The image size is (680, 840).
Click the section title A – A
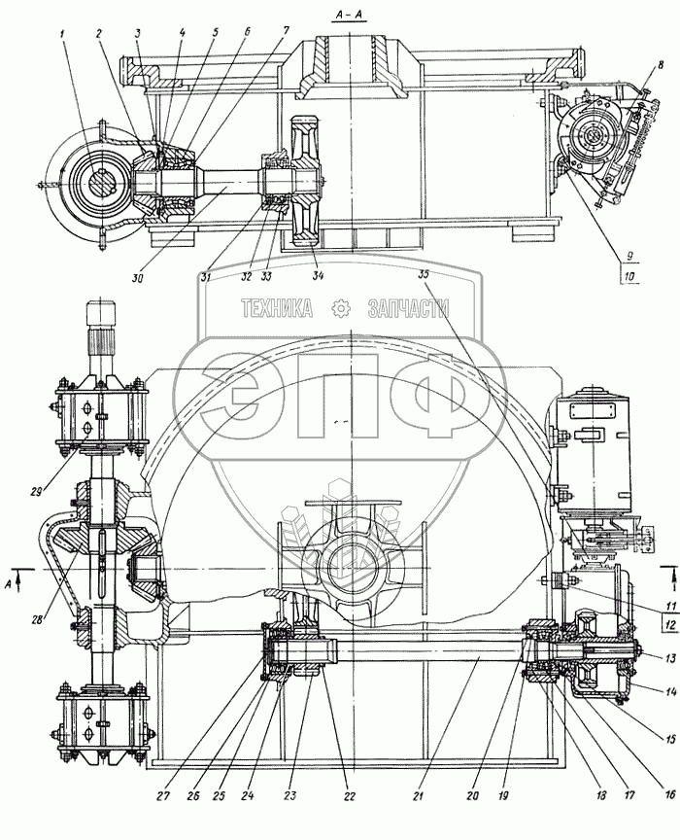click(346, 15)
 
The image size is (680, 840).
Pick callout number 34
click(318, 275)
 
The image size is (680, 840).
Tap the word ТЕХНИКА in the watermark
click(278, 309)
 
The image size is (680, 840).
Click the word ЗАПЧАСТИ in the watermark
click(408, 309)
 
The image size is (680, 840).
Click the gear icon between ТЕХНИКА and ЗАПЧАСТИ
click(341, 309)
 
